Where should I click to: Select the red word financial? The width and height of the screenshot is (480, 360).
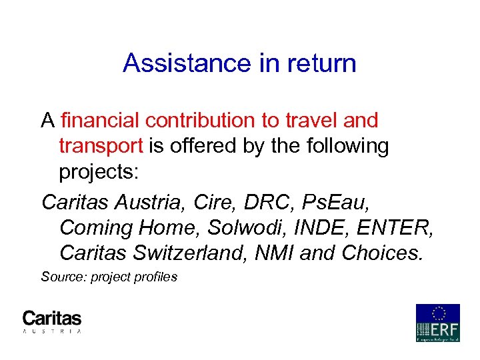pos(100,121)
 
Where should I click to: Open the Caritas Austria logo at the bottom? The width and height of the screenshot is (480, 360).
pos(52,321)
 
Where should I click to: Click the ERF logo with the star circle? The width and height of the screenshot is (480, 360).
pos(437,323)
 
